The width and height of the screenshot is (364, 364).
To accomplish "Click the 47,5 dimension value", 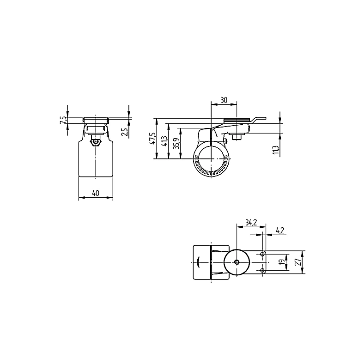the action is pyautogui.click(x=152, y=139).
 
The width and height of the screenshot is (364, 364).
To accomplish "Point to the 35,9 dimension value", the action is pyautogui.click(x=176, y=144).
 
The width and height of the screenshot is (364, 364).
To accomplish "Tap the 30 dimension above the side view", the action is pyautogui.click(x=224, y=100).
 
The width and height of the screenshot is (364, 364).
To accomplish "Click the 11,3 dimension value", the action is pyautogui.click(x=276, y=150).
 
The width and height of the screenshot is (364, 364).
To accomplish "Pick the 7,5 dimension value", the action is pyautogui.click(x=63, y=120).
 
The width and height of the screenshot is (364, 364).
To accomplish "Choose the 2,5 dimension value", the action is pyautogui.click(x=125, y=132).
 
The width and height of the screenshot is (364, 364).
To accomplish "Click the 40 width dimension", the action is pyautogui.click(x=96, y=193).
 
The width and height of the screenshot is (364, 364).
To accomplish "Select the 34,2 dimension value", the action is pyautogui.click(x=251, y=223).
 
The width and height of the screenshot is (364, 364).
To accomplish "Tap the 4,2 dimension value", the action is pyautogui.click(x=280, y=231).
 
